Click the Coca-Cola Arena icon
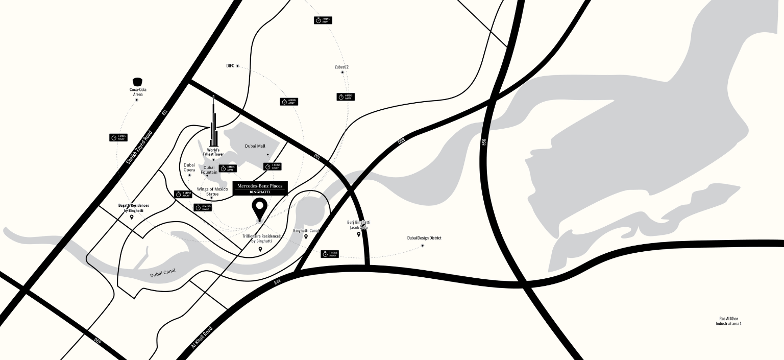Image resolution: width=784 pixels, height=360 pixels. tap(137, 82)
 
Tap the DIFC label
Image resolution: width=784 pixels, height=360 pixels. tap(230, 66)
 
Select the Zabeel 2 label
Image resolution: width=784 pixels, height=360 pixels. tap(341, 67)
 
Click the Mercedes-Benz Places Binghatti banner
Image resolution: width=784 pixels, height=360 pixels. tap(260, 188)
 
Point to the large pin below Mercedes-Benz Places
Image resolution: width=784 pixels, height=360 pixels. tap(260, 208)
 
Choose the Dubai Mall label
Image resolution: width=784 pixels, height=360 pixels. tap(255, 146)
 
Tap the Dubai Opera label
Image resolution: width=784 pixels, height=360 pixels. tap(189, 167)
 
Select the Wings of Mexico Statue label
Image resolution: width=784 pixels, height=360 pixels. tap(212, 191)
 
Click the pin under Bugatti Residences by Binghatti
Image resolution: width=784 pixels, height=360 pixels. tap(132, 217)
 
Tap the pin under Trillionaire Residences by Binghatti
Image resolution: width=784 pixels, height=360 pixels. tap(260, 249)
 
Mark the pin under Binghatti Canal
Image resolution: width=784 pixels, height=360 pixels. tap(306, 236)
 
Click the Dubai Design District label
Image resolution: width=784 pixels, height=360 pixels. tap(424, 238)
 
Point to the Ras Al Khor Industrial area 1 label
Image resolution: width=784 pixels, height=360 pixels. tap(728, 321)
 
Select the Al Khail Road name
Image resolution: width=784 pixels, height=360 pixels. tap(202, 338)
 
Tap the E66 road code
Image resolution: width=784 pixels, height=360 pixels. tap(484, 143)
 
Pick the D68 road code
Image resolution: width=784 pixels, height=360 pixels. tap(401, 139)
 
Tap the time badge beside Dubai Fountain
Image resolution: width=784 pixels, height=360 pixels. tap(228, 168)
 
